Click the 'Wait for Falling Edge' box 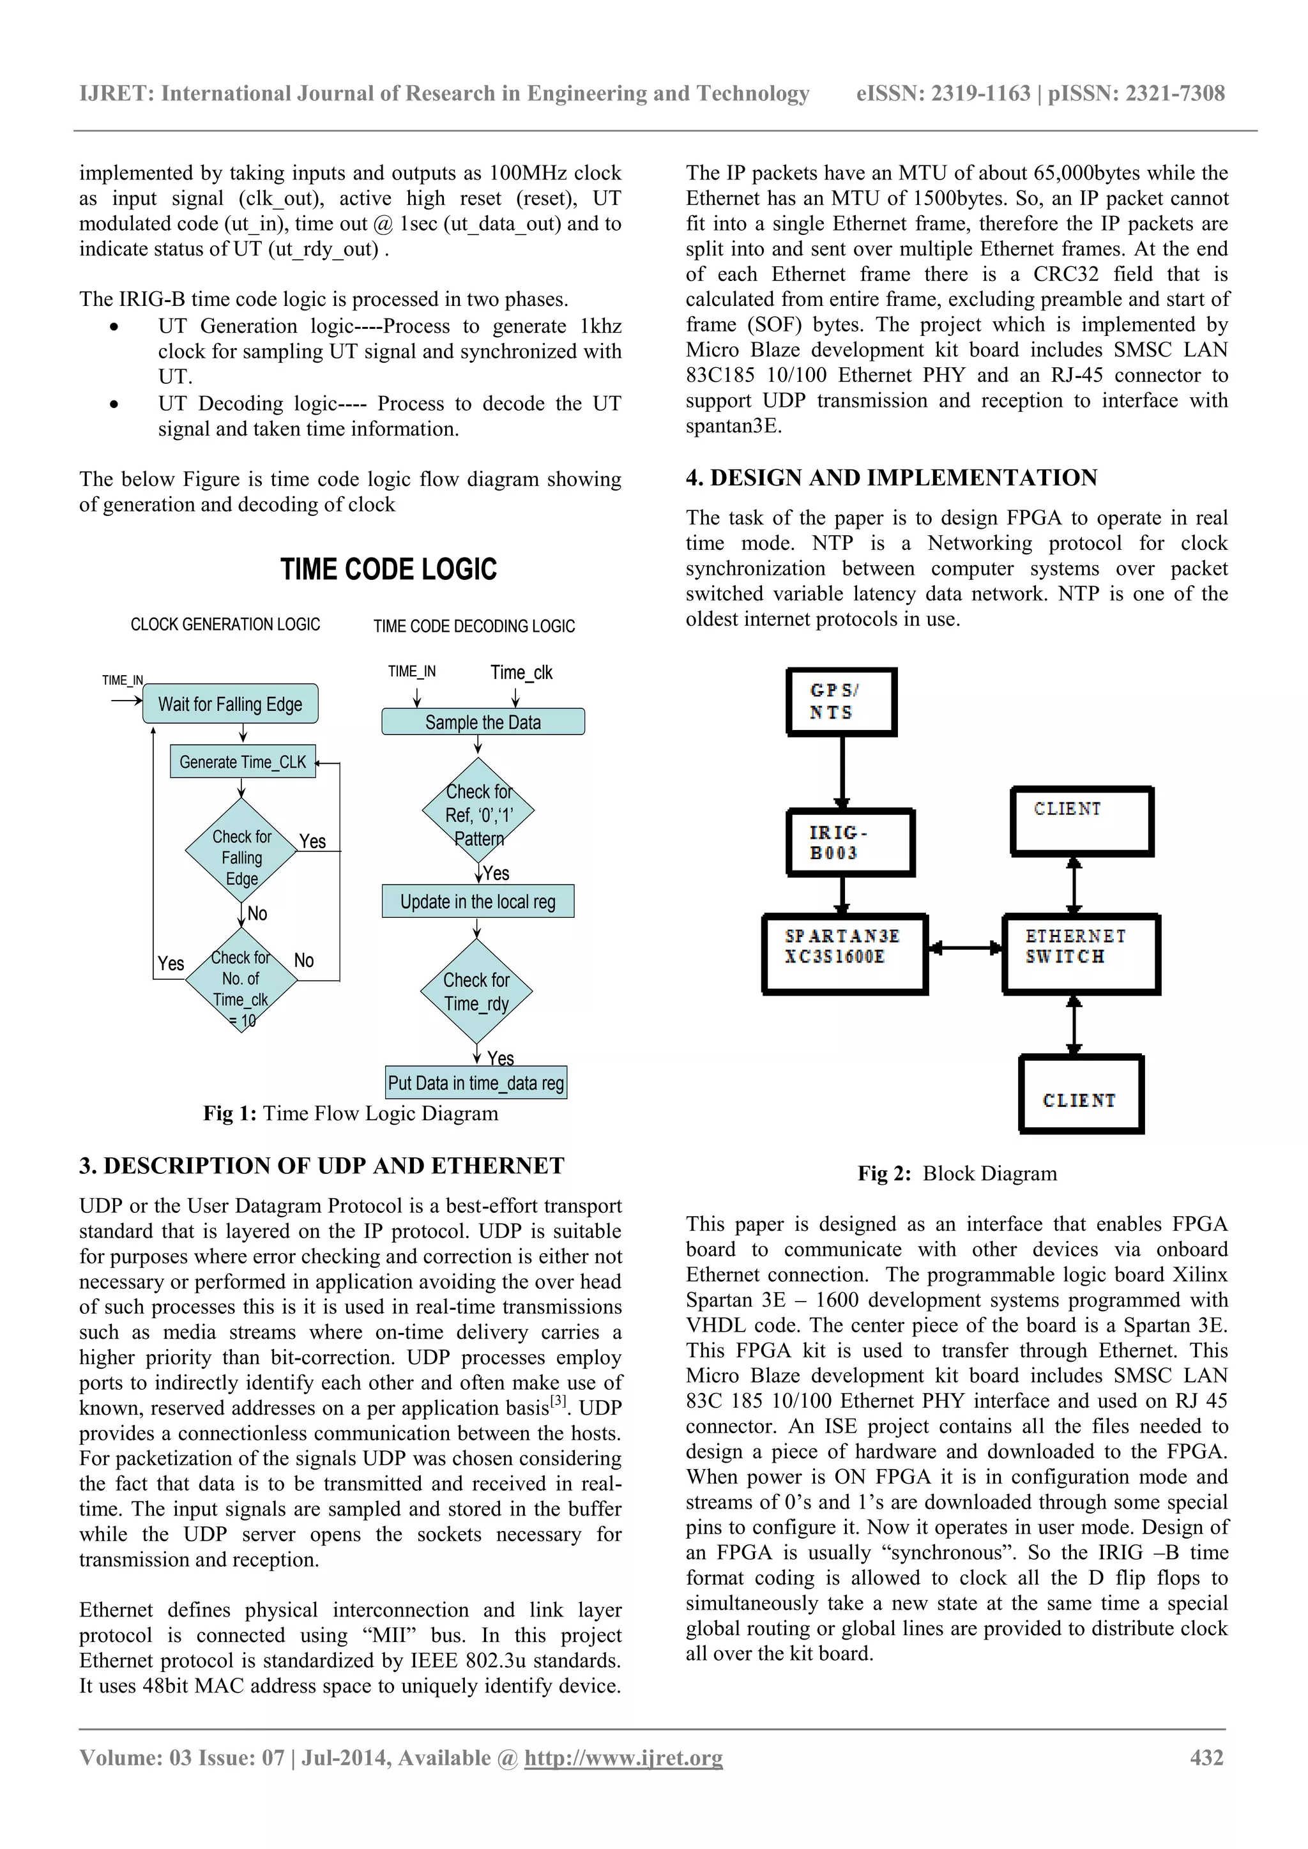coord(231,704)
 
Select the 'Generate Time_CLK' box coord(243,761)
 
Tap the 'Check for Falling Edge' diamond coord(241,858)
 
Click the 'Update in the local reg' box coord(478,901)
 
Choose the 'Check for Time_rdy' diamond coord(477,991)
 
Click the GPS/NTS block coord(841,701)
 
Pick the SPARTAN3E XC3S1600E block coord(845,954)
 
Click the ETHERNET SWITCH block coord(1080,954)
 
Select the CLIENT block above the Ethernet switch coord(1082,821)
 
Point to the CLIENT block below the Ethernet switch coord(1081,1093)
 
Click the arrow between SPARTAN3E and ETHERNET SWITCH coord(965,948)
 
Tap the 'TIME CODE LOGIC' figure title coord(388,569)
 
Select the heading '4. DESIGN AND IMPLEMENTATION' coord(891,478)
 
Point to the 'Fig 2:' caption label coord(883,1173)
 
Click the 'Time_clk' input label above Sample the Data coord(521,672)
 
